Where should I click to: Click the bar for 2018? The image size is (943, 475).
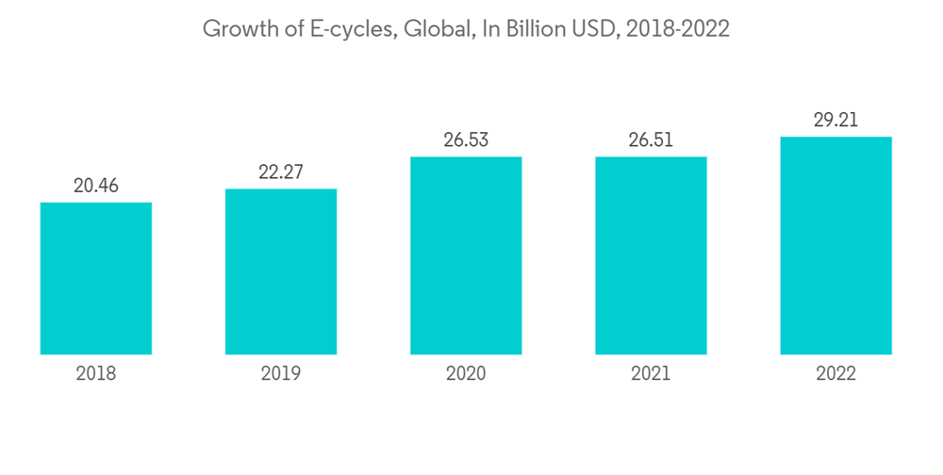point(96,278)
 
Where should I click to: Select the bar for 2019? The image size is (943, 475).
point(281,271)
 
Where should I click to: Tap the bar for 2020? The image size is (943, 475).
point(466,255)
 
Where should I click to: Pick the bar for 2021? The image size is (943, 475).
point(651,255)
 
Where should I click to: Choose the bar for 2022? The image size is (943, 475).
point(835,245)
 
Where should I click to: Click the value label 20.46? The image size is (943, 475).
point(96,186)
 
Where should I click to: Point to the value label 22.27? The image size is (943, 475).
point(281,172)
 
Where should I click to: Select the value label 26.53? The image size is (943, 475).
point(466,140)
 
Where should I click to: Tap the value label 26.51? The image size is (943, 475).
point(651,140)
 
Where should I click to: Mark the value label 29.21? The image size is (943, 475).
point(835,121)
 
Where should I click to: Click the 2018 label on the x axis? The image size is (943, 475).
point(96,374)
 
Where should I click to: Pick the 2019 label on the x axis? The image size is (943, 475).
point(281,374)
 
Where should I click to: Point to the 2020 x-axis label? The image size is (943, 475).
point(466,374)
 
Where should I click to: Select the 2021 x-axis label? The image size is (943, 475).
point(651,374)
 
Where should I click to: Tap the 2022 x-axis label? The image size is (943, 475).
point(835,374)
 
